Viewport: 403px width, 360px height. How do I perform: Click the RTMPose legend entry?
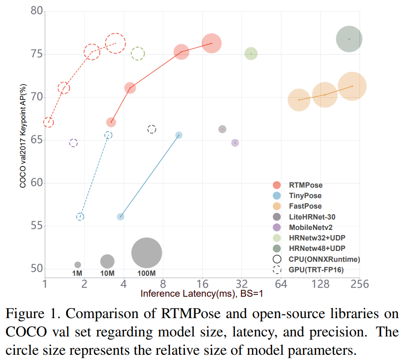point(306,185)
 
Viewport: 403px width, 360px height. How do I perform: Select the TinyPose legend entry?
point(305,196)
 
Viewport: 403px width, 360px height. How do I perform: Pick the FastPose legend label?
point(305,206)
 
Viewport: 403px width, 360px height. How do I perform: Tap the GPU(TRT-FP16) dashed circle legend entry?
point(316,270)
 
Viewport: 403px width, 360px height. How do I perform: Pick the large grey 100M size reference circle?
point(147,253)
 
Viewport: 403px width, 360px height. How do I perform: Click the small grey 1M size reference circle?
point(77,264)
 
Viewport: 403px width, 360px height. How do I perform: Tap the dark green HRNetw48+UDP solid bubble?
point(349,39)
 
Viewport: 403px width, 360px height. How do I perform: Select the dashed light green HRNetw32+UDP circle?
point(138,54)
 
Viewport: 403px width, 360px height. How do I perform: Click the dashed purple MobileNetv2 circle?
point(73,143)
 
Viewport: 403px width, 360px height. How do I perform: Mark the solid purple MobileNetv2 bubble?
point(235,143)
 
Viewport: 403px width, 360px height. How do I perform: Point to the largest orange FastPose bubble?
point(352,86)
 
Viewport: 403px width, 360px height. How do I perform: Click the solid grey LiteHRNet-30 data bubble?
point(222,129)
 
